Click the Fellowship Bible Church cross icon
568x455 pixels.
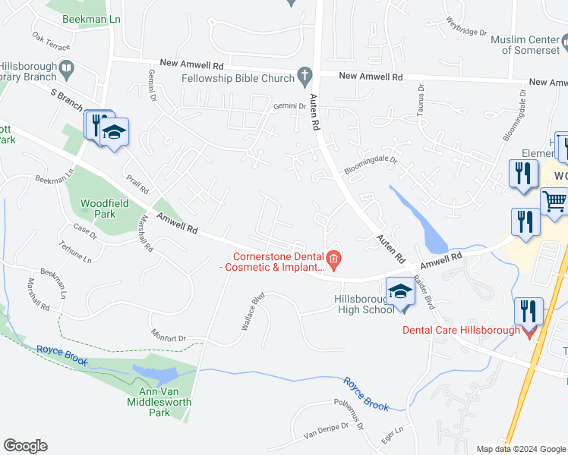tap(305, 76)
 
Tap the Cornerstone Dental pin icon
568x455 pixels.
tap(333, 261)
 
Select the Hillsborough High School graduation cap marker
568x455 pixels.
tap(401, 292)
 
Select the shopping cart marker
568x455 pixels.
tap(555, 202)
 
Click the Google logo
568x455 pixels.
tap(25, 445)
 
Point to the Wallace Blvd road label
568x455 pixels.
tap(252, 311)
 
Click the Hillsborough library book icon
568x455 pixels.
tap(66, 70)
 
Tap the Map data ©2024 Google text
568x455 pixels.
tap(520, 449)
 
